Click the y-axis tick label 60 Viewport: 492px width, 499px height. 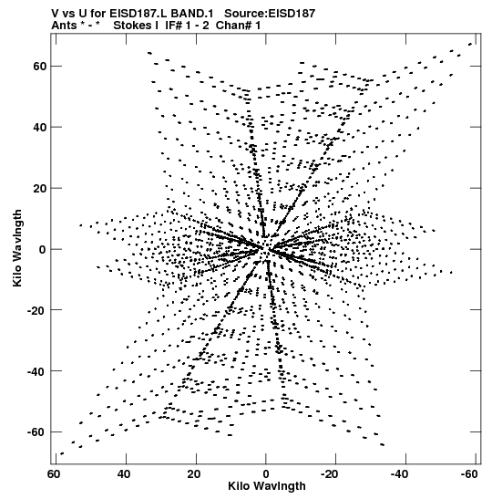point(39,67)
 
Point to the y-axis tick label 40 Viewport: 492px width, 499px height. point(39,127)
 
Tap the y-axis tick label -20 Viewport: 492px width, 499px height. point(36,309)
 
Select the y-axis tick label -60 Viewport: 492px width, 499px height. point(36,431)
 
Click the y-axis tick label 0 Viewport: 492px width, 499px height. point(43,249)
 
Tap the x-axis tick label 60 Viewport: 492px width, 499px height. point(54,474)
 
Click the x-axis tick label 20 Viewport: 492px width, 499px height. point(193,474)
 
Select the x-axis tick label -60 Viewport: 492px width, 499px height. point(469,474)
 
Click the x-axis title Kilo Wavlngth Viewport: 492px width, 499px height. point(267,486)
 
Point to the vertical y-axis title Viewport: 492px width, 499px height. point(17,248)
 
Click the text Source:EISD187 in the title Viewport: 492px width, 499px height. point(270,14)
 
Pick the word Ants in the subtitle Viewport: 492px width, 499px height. point(64,26)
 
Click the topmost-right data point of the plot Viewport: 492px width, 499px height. point(470,44)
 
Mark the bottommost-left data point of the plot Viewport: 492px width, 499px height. point(62,453)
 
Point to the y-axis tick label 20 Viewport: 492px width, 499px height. point(39,188)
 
